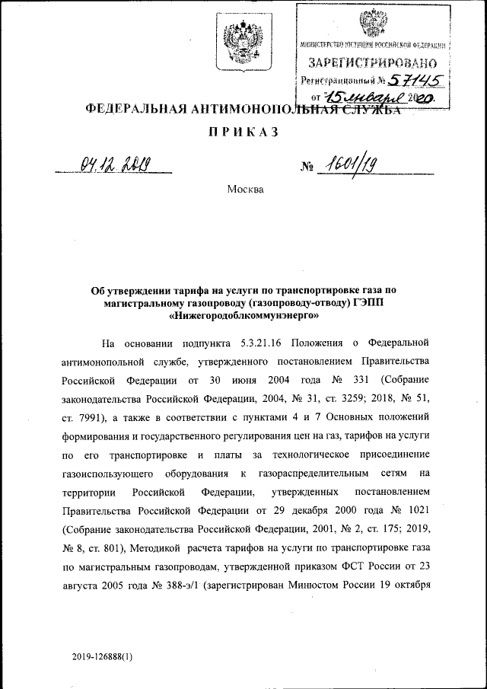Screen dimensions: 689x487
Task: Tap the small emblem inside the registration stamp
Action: (x=371, y=21)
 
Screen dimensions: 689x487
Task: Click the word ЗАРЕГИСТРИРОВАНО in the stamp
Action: (x=372, y=62)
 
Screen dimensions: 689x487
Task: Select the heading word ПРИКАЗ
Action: (x=243, y=132)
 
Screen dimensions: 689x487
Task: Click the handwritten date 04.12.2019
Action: (x=115, y=164)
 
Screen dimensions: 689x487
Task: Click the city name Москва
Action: (x=245, y=188)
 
